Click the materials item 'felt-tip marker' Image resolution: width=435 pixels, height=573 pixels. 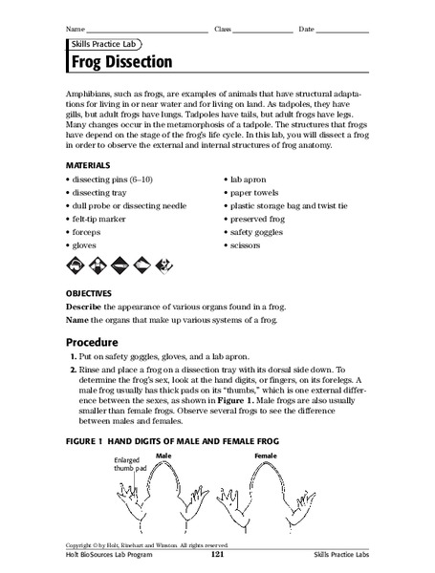point(104,219)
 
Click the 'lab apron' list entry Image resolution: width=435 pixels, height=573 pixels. point(250,179)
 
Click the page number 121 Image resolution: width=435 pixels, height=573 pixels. point(217,555)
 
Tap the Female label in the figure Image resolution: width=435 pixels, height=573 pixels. point(267,456)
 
